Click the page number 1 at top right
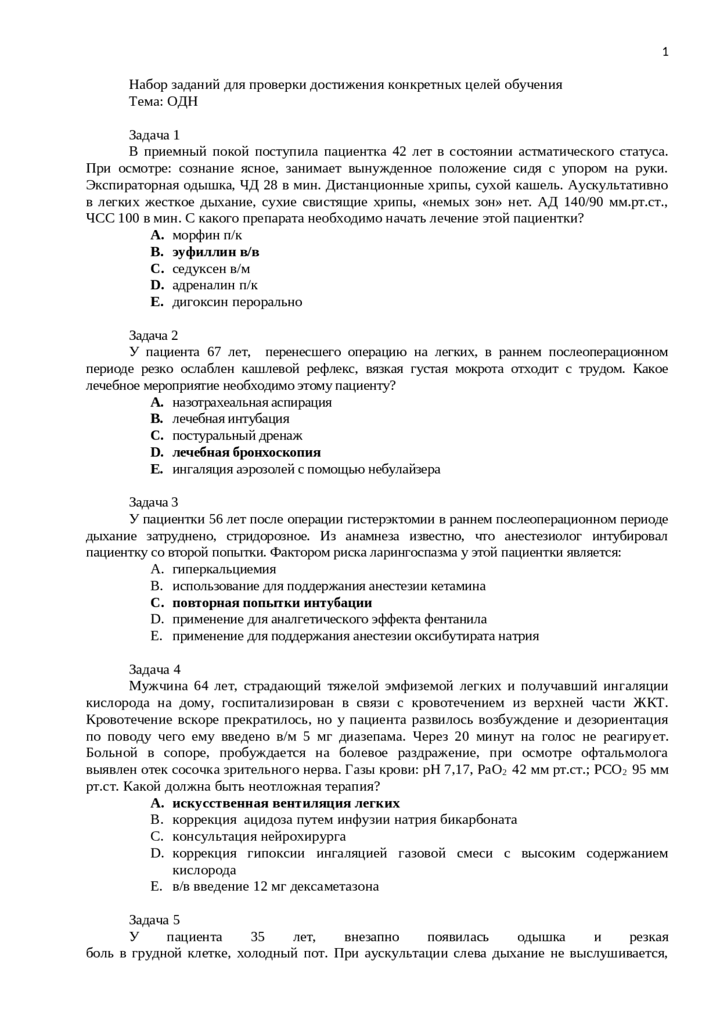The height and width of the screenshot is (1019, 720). click(665, 52)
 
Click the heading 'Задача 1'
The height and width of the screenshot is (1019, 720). click(154, 135)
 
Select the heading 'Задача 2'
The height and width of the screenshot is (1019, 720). click(154, 336)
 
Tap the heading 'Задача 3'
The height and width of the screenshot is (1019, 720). click(154, 502)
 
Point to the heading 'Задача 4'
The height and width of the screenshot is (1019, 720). click(154, 670)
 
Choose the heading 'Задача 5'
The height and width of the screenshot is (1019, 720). click(154, 920)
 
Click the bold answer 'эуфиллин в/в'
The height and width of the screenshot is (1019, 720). click(215, 252)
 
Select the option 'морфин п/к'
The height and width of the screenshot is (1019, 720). click(207, 235)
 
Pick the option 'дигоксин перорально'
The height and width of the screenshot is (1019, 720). click(237, 302)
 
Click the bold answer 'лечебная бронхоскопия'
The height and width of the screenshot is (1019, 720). click(246, 452)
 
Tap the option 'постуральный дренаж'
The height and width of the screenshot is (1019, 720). click(237, 436)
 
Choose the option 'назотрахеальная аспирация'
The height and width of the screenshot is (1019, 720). click(252, 402)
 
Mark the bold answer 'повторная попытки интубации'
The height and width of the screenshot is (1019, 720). click(272, 603)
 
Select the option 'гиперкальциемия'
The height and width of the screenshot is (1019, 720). click(224, 569)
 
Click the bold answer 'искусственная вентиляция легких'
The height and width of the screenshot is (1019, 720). click(286, 803)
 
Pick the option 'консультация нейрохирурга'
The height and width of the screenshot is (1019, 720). click(259, 837)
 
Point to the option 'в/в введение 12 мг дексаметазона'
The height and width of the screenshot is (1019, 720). click(276, 887)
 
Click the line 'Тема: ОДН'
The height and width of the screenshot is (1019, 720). click(163, 102)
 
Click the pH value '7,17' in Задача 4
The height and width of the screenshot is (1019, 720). click(457, 770)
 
